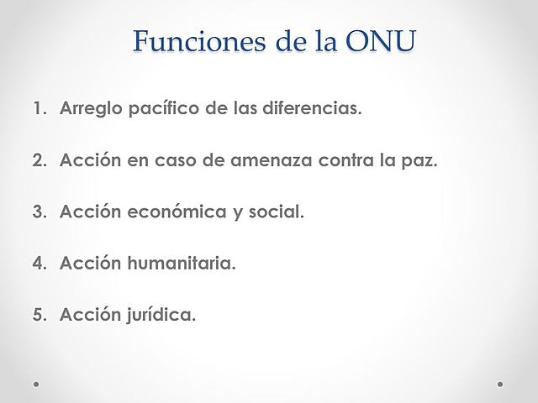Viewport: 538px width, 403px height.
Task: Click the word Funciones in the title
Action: tap(195, 41)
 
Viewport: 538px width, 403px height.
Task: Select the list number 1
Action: tap(39, 109)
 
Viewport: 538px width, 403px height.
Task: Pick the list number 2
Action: tap(39, 161)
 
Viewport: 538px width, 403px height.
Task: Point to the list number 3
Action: tap(39, 212)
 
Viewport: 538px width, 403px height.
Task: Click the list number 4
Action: tap(39, 264)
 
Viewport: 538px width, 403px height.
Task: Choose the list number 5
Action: tap(39, 316)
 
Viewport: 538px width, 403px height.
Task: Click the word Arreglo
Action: tap(87, 110)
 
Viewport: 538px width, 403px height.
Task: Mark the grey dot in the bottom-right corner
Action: tap(501, 383)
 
